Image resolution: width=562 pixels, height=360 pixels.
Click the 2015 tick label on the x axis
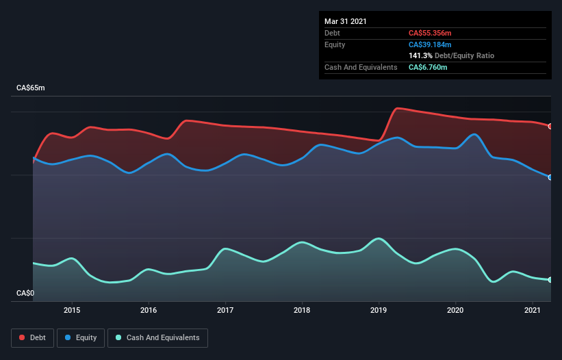pos(72,310)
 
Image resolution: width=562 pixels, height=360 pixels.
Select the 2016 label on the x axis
pos(149,310)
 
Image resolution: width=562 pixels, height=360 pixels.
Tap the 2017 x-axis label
pos(225,310)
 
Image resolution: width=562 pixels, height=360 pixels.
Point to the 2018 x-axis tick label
pos(302,310)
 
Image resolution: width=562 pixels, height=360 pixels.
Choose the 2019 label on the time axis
pos(379,310)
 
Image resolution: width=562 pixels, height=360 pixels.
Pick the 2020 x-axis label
pos(455,310)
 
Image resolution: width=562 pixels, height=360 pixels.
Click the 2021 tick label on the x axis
pos(532,310)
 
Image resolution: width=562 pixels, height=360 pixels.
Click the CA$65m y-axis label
pos(30,88)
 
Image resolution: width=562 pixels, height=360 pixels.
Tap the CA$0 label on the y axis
pos(25,293)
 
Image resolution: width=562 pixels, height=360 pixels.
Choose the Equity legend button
pos(81,337)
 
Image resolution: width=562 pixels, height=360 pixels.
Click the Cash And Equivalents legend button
pos(157,337)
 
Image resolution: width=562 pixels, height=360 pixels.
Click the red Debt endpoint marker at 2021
pos(550,126)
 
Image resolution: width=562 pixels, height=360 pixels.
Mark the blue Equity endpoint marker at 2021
pos(550,177)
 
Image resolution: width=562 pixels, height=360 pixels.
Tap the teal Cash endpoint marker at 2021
pos(550,280)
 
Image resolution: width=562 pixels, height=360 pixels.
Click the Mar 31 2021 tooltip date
pos(346,21)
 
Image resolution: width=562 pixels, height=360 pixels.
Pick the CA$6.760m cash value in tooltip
pos(428,67)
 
